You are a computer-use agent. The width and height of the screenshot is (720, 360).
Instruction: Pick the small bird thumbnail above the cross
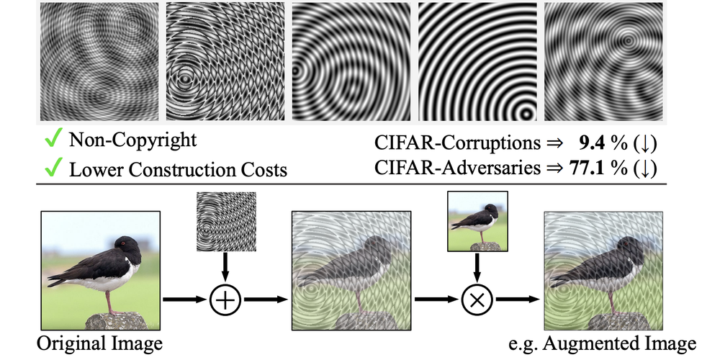pyautogui.click(x=477, y=220)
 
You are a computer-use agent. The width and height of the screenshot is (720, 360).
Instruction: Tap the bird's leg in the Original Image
pyautogui.click(x=109, y=300)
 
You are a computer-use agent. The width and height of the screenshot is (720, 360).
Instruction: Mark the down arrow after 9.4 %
pyautogui.click(x=645, y=143)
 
